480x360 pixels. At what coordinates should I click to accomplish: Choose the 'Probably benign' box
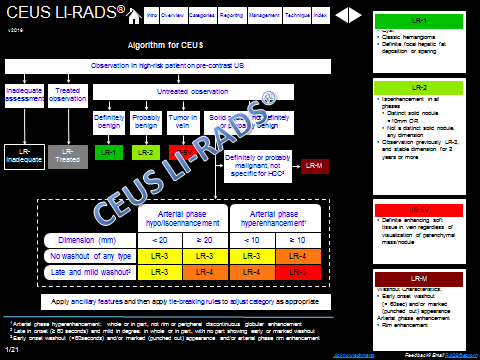[x=146, y=121]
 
